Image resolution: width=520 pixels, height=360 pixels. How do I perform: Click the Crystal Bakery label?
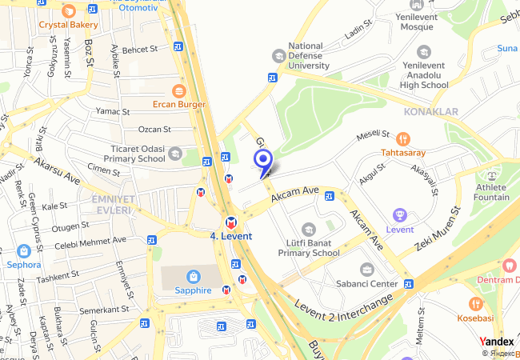coord(68,25)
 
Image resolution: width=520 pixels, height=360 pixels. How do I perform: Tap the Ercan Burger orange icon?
coord(179,90)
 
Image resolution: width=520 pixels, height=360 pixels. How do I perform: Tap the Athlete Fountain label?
coord(491,192)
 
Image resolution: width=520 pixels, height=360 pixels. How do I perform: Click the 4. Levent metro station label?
coord(230,236)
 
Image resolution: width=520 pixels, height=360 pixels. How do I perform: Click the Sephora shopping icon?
coord(23,250)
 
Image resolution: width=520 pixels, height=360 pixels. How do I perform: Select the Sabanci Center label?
coord(367,283)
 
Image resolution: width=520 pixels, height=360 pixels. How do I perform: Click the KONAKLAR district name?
coord(431,111)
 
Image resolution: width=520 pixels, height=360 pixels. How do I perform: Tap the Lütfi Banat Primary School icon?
coord(309,230)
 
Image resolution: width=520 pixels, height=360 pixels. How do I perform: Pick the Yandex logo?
coord(497,341)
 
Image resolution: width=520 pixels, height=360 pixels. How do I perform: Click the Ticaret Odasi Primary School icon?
coord(174,153)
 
